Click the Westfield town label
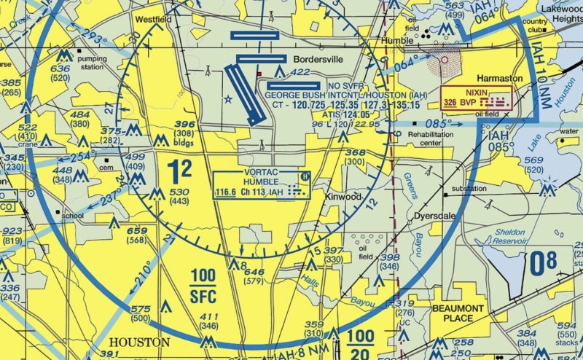[153, 20]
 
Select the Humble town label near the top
[398, 41]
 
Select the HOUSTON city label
[139, 342]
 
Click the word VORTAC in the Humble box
[258, 173]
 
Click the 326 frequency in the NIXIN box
[450, 103]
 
